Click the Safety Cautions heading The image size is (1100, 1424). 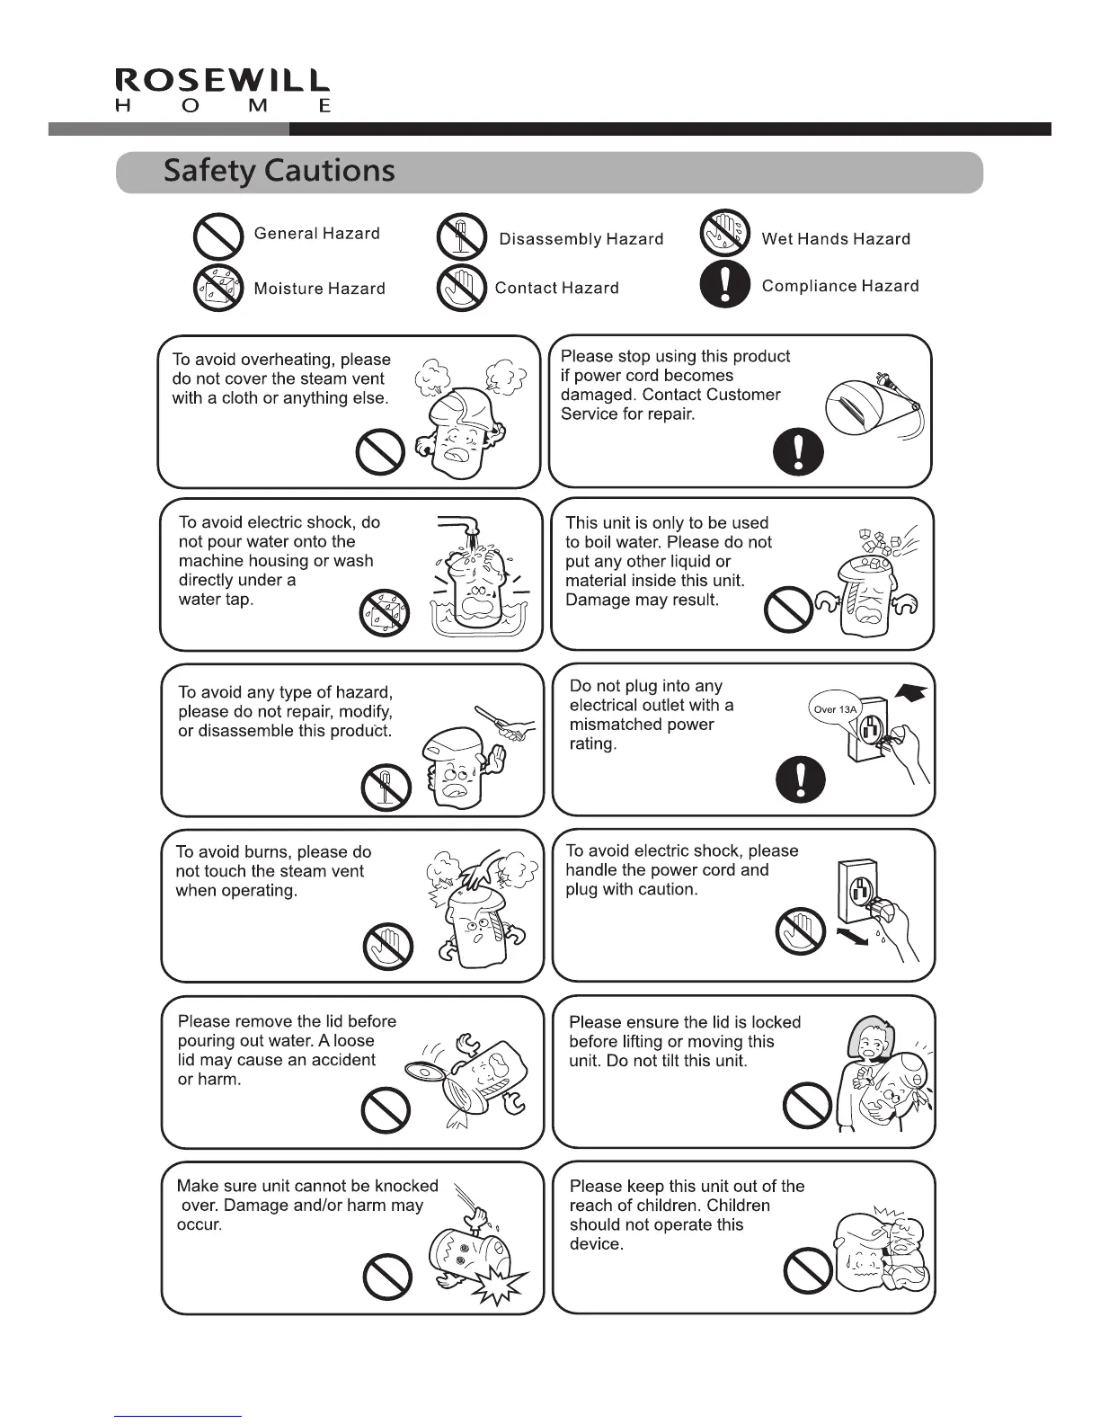pos(279,171)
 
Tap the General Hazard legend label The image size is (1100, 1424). pos(316,234)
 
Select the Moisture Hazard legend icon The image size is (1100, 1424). pos(218,288)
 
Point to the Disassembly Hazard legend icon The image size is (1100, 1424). pos(461,238)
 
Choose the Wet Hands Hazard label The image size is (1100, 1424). pos(836,239)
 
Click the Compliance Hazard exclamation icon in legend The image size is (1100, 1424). pos(724,286)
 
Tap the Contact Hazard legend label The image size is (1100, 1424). pos(556,289)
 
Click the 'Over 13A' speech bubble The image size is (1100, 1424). pos(836,709)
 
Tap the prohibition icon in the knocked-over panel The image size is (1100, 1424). pos(387,1277)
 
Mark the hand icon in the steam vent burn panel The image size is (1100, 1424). pos(388,946)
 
